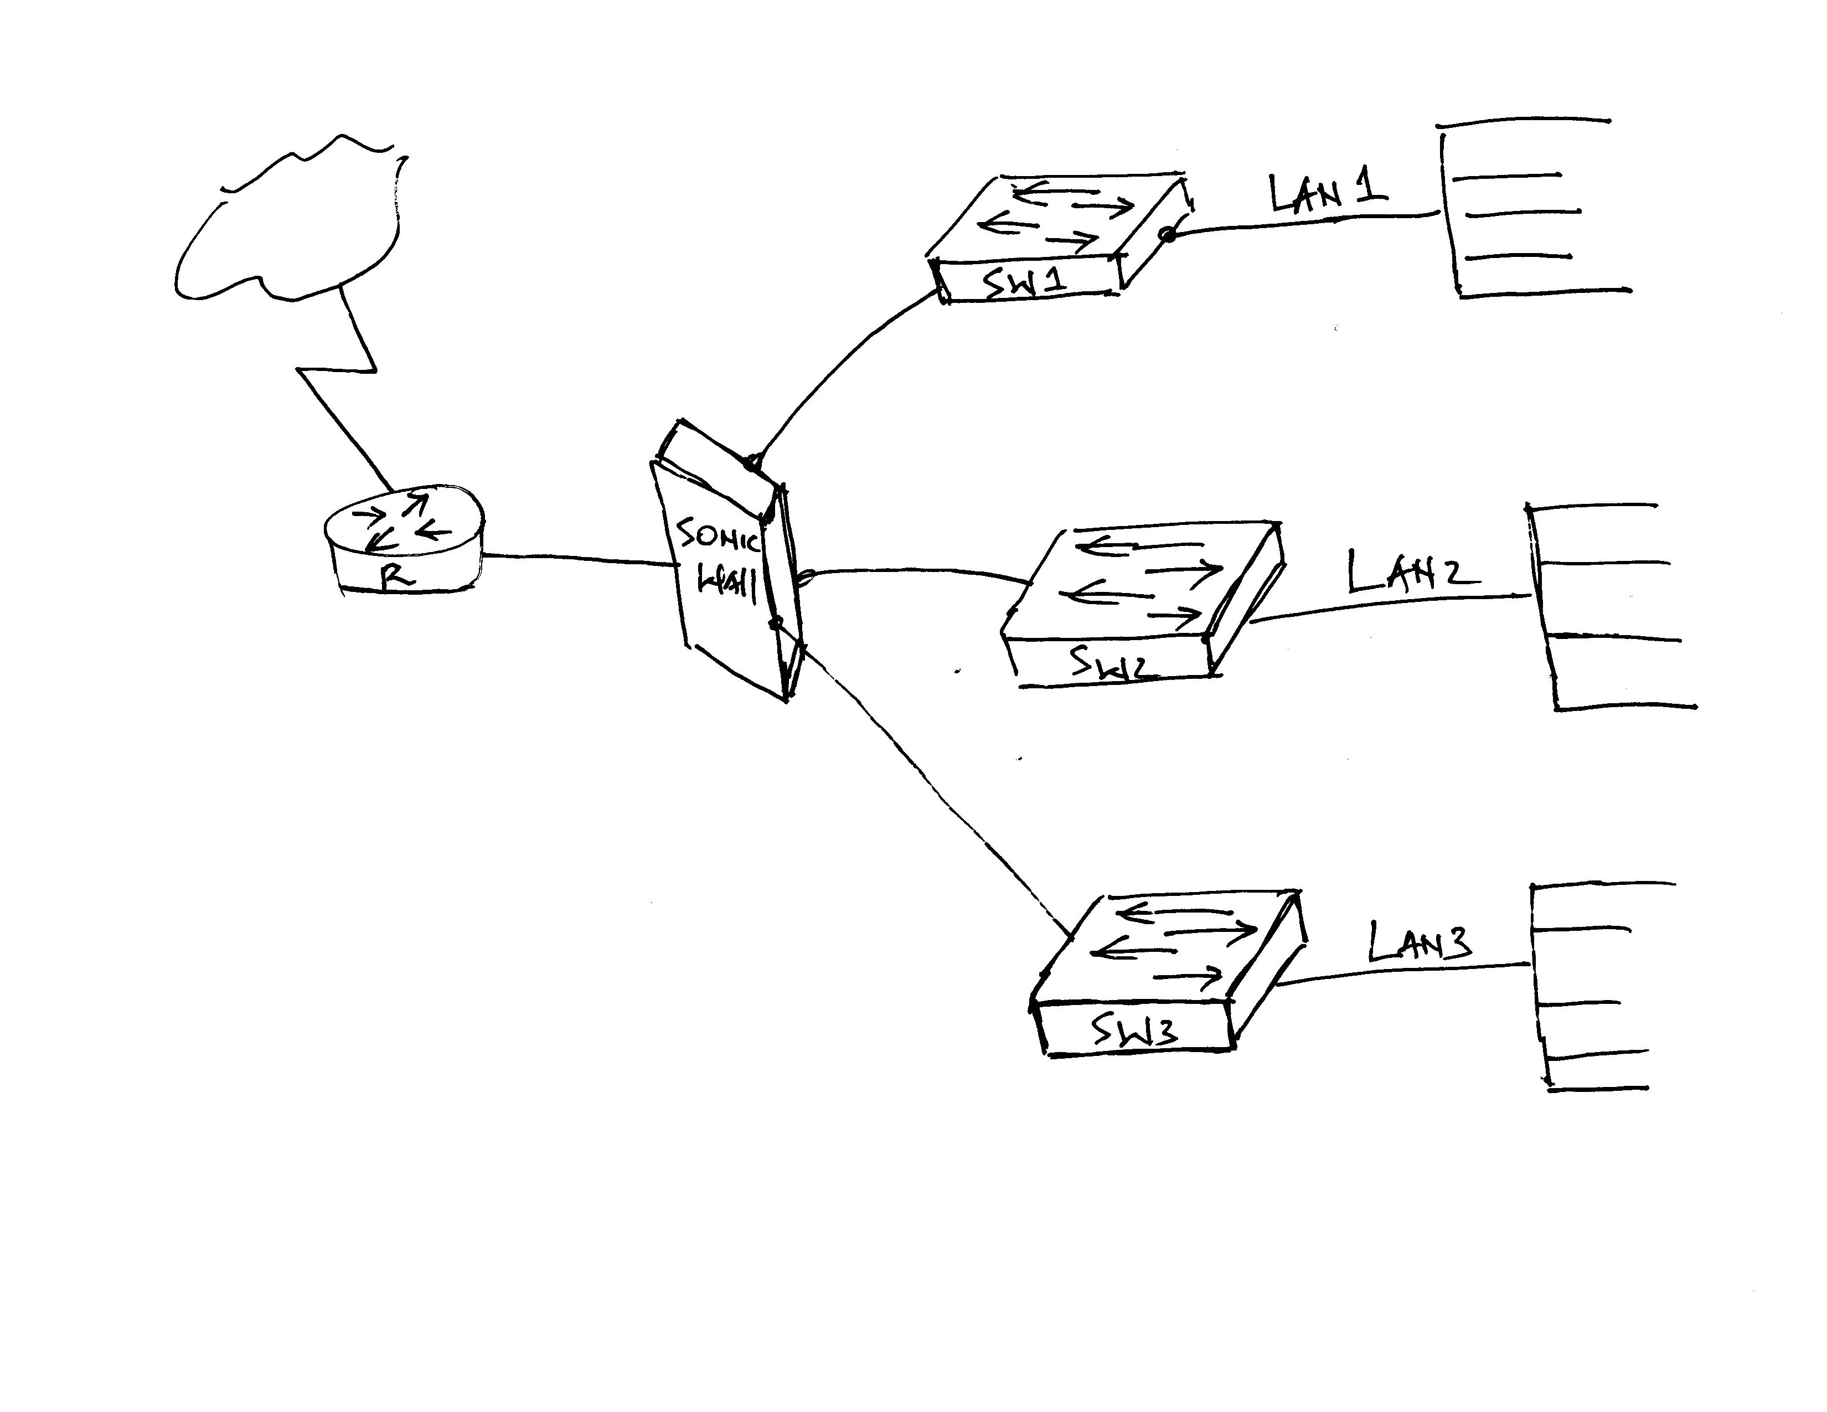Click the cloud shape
click(288, 221)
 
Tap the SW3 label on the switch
click(1135, 1034)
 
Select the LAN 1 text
click(1328, 194)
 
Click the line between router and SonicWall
click(577, 558)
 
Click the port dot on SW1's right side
click(1168, 236)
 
